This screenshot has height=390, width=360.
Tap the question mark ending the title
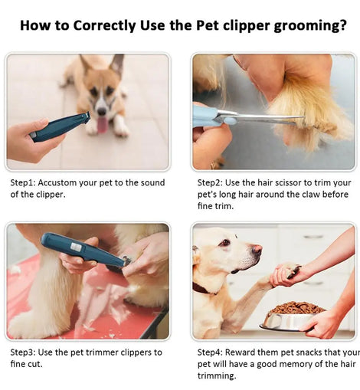pyautogui.click(x=342, y=25)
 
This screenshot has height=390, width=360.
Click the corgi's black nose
pyautogui.click(x=102, y=111)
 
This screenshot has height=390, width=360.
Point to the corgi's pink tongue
pyautogui.click(x=103, y=125)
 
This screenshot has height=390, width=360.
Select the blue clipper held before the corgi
pyautogui.click(x=60, y=126)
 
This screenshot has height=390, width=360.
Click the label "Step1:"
pyautogui.click(x=23, y=183)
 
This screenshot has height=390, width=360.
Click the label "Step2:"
pyautogui.click(x=210, y=183)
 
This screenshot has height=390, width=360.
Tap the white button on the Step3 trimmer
pyautogui.click(x=76, y=247)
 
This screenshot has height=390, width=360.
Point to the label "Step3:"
pyautogui.click(x=23, y=352)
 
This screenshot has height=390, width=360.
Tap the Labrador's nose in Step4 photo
pyautogui.click(x=257, y=248)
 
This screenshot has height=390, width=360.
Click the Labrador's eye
pyautogui.click(x=225, y=242)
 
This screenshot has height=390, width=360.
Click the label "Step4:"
pyautogui.click(x=210, y=352)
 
